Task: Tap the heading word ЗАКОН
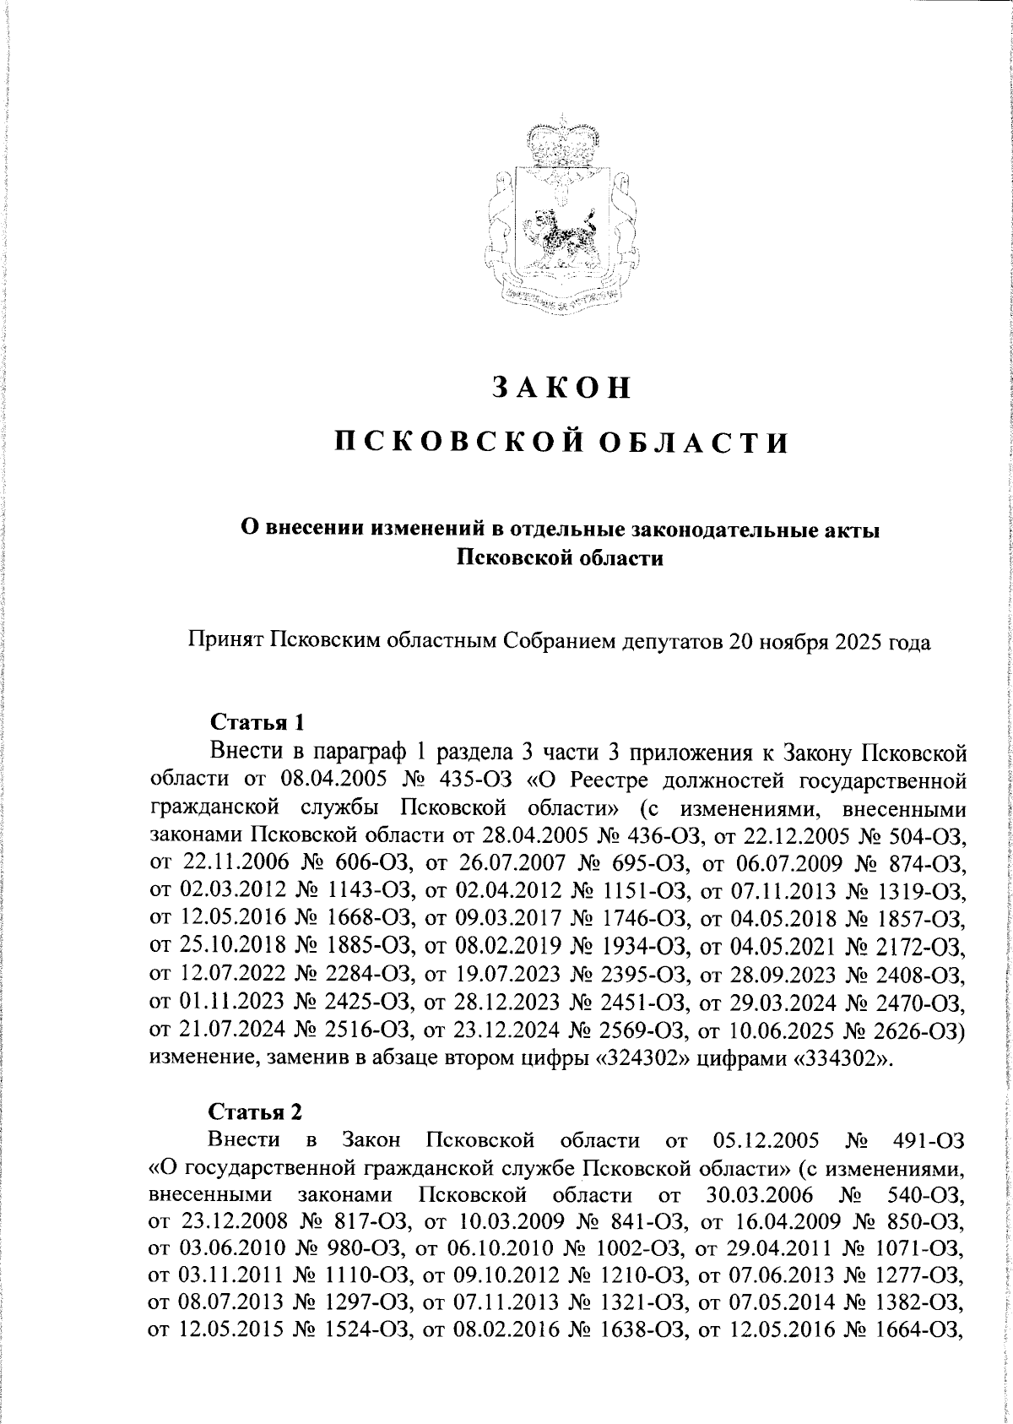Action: coord(561,387)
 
